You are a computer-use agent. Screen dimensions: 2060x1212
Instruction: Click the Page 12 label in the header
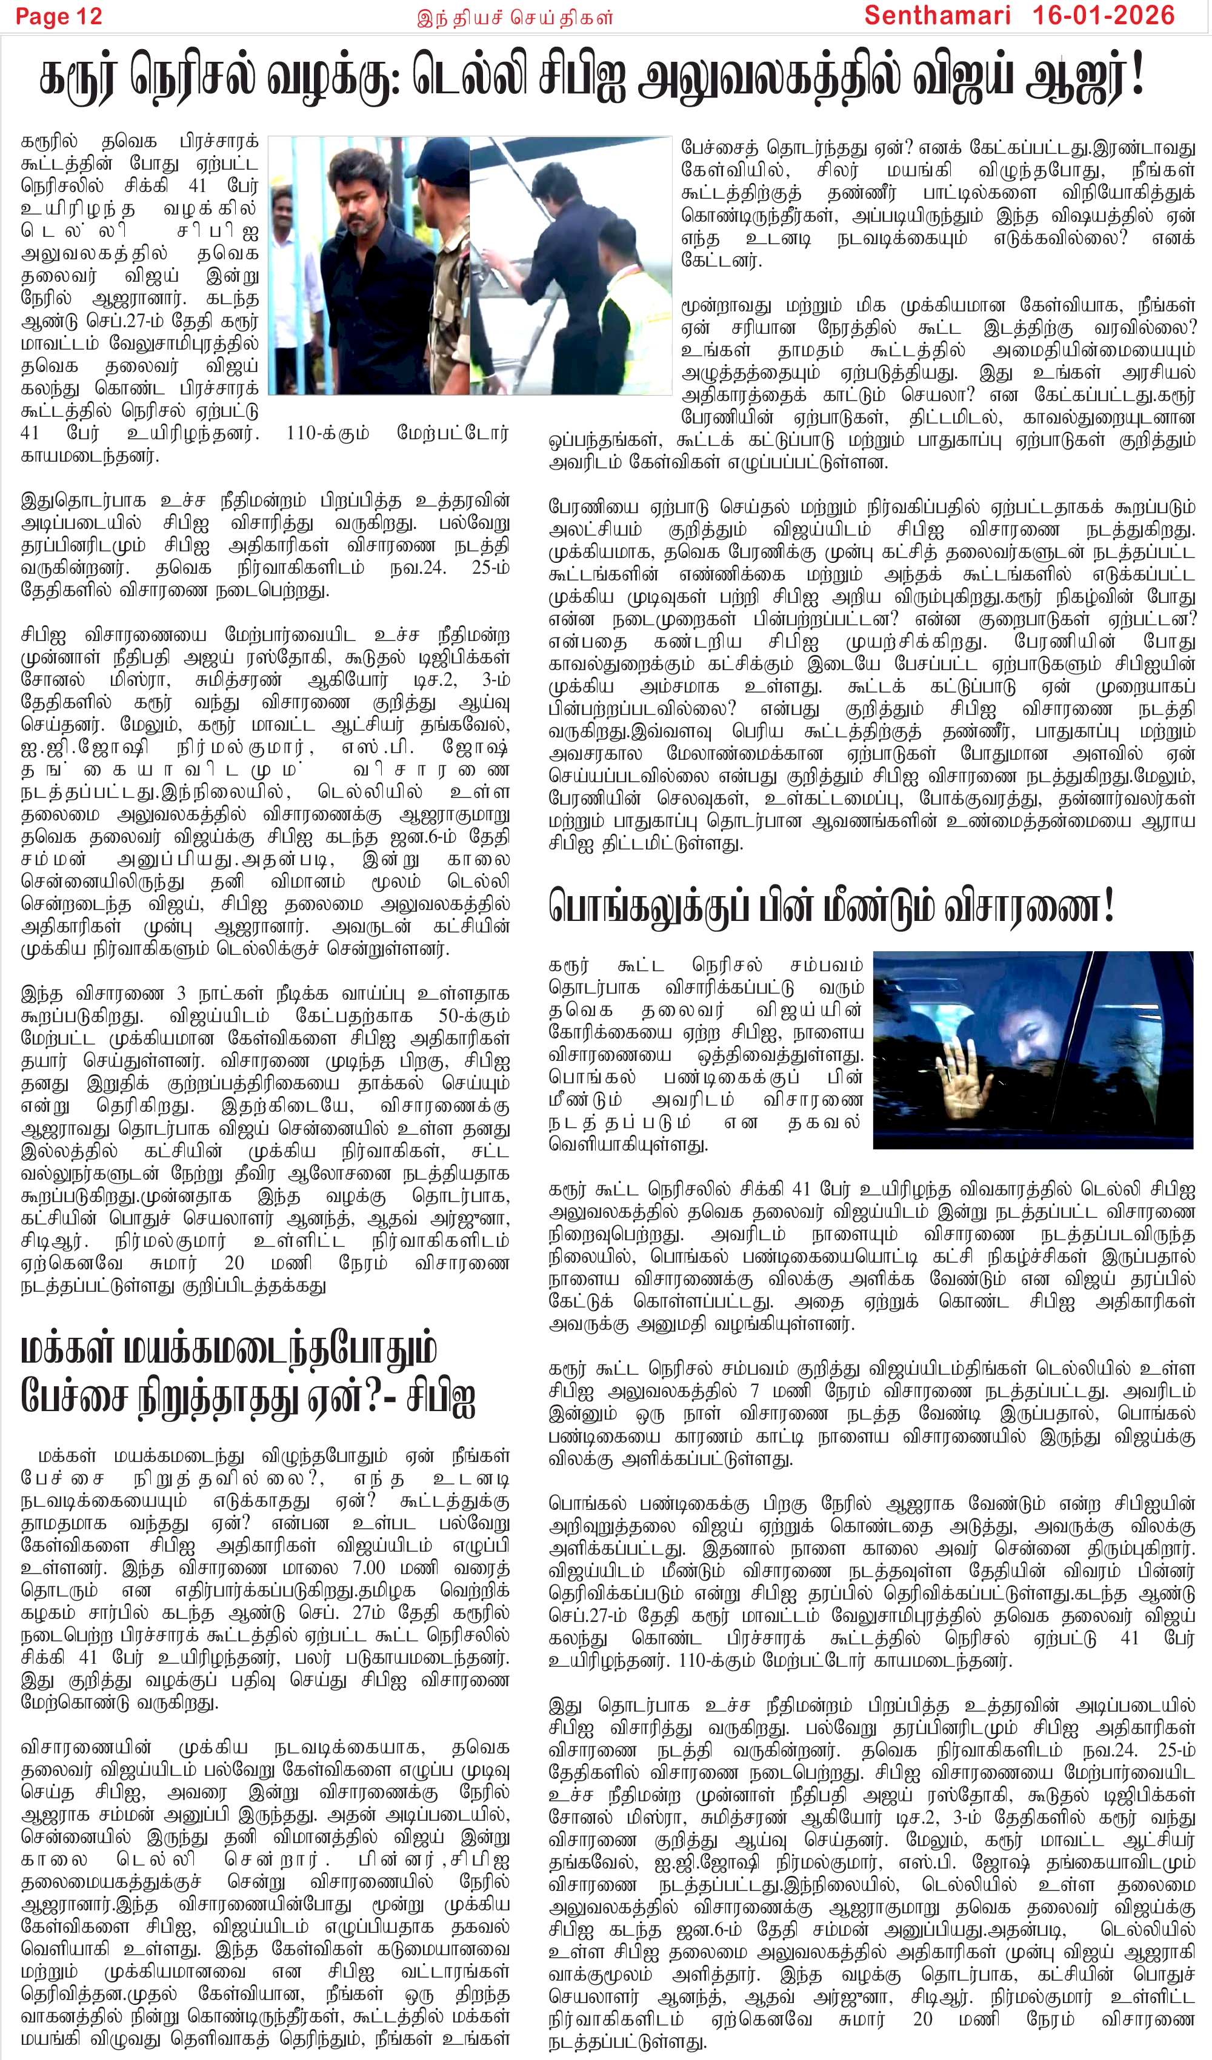(x=59, y=16)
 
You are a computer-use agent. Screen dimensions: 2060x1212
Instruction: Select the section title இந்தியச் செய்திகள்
(x=514, y=17)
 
